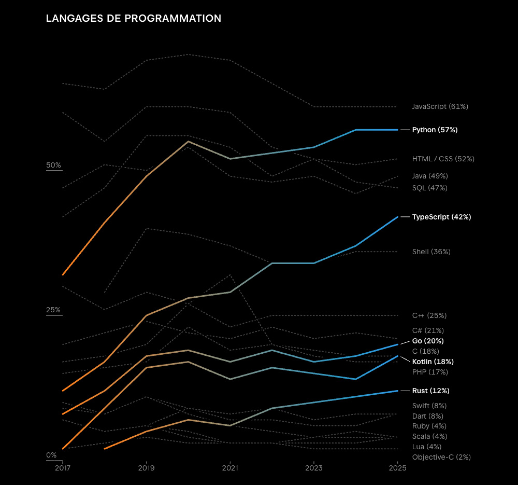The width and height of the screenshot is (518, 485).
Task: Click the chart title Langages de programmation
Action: pyautogui.click(x=134, y=19)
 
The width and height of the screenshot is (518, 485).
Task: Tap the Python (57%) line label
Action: pyautogui.click(x=435, y=130)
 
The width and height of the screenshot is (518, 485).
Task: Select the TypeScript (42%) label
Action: pyautogui.click(x=441, y=217)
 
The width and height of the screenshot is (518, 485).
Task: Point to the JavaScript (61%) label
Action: pyautogui.click(x=440, y=106)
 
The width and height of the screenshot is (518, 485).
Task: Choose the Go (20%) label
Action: pyautogui.click(x=428, y=341)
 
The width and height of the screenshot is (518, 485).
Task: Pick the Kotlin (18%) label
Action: pyautogui.click(x=433, y=362)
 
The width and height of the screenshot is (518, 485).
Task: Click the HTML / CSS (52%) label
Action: pyautogui.click(x=443, y=159)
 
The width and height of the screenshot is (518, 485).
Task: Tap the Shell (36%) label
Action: pyautogui.click(x=431, y=252)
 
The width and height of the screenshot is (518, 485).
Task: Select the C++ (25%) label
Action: pyautogui.click(x=429, y=315)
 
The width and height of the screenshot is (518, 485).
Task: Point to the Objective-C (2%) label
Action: pyautogui.click(x=441, y=457)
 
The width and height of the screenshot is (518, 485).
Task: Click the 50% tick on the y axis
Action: pyautogui.click(x=54, y=165)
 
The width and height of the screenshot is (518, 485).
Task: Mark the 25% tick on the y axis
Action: pyautogui.click(x=54, y=310)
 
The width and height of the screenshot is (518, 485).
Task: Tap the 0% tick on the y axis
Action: pyautogui.click(x=52, y=455)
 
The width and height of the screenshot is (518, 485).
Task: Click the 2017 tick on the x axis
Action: pyautogui.click(x=63, y=468)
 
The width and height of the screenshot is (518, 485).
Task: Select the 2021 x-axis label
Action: pyautogui.click(x=230, y=468)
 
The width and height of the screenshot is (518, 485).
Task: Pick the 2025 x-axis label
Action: pyautogui.click(x=397, y=468)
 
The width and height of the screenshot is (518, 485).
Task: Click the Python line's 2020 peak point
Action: pyautogui.click(x=188, y=141)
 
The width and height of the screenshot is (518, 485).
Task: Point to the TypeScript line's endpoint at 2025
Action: pyautogui.click(x=397, y=217)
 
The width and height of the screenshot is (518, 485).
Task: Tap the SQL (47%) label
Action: pyautogui.click(x=429, y=188)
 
